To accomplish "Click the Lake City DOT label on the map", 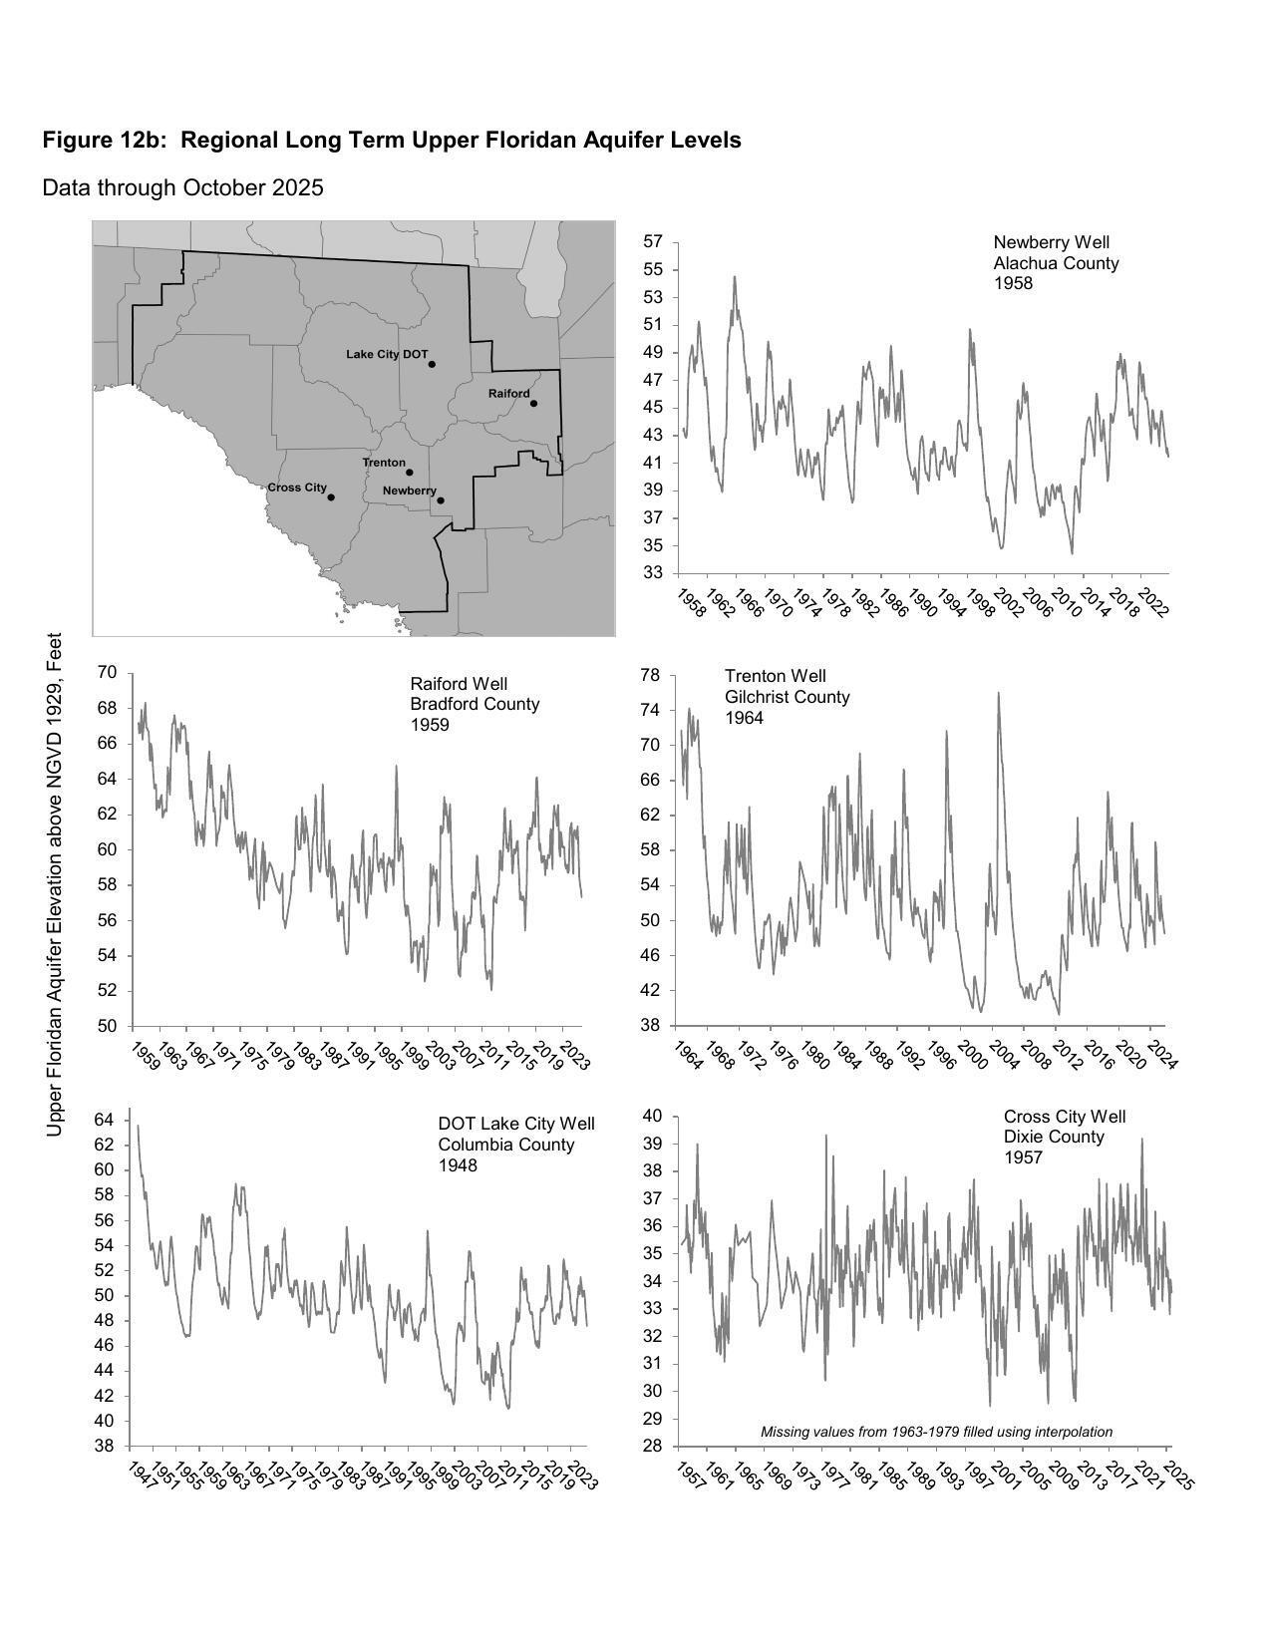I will coord(387,355).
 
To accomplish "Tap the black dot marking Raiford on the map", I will coord(533,404).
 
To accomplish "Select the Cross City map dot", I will coord(331,497).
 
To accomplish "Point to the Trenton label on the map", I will coord(384,463).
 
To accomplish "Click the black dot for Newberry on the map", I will coord(441,500).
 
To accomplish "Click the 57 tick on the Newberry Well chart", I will coord(653,242).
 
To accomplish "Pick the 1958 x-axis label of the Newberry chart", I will coord(691,603).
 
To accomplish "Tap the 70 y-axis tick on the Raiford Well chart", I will coord(108,673).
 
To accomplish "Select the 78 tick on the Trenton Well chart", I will coord(650,676).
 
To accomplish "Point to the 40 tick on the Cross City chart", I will coord(653,1117).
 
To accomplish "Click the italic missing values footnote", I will coord(936,1432).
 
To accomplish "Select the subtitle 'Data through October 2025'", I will coord(182,188).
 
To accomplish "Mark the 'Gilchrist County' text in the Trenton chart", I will coord(787,697).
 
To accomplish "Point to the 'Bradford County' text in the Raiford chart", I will coord(475,704).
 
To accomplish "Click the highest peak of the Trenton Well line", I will coord(998,693).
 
